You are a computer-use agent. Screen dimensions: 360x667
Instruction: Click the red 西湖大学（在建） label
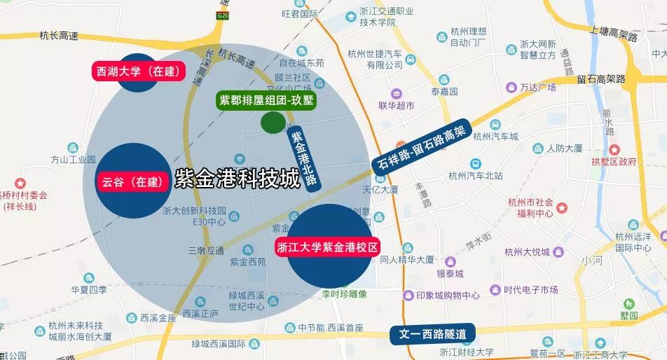click(x=139, y=71)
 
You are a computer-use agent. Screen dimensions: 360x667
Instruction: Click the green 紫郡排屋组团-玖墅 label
click(x=267, y=100)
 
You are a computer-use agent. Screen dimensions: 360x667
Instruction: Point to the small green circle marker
click(x=273, y=122)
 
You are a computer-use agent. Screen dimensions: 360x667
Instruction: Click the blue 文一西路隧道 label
click(x=432, y=333)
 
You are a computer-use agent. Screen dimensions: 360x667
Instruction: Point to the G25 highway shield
click(x=223, y=15)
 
